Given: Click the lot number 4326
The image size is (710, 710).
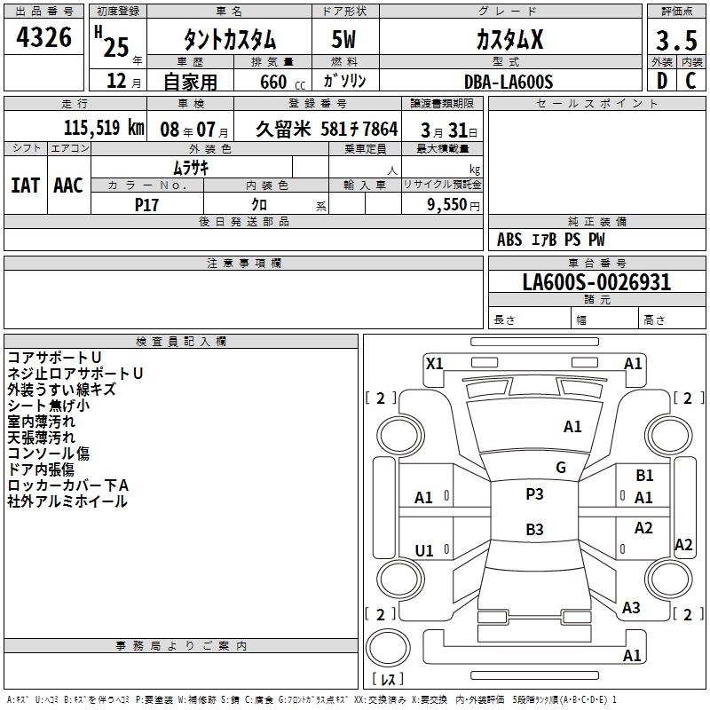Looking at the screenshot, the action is coord(44,38).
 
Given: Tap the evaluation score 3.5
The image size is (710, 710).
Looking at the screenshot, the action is coord(674,40).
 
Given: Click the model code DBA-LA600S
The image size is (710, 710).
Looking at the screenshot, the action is coord(509,82).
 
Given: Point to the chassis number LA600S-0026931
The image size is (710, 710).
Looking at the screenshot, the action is coord(596,283).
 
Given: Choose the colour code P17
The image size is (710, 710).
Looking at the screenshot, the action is coord(146,204).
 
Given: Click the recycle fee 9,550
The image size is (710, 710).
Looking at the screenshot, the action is coord(448,204).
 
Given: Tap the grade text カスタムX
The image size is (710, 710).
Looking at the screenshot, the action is coord(509,39).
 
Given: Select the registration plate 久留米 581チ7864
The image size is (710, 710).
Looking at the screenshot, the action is coord(327,128).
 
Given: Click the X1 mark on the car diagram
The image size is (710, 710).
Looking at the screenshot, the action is coord(435,363).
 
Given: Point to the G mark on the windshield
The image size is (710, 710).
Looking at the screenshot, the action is coord(561,467).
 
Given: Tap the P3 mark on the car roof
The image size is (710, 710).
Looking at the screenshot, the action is coord(534,494).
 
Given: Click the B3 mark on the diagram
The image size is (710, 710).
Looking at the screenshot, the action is coord(534,530).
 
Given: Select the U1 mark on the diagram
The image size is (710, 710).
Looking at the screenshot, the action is coord(424,550).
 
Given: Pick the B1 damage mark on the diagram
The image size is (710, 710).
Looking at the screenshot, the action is coord(644,477).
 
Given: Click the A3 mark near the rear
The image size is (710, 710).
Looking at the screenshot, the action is coord(631,608).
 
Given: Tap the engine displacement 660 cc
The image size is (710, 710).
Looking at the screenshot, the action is coord(272,82).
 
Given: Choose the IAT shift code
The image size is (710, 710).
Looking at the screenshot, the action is coord(25,185).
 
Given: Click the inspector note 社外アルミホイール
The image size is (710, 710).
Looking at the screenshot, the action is coord(67,501).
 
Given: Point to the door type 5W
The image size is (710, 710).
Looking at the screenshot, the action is coord(343,39).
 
